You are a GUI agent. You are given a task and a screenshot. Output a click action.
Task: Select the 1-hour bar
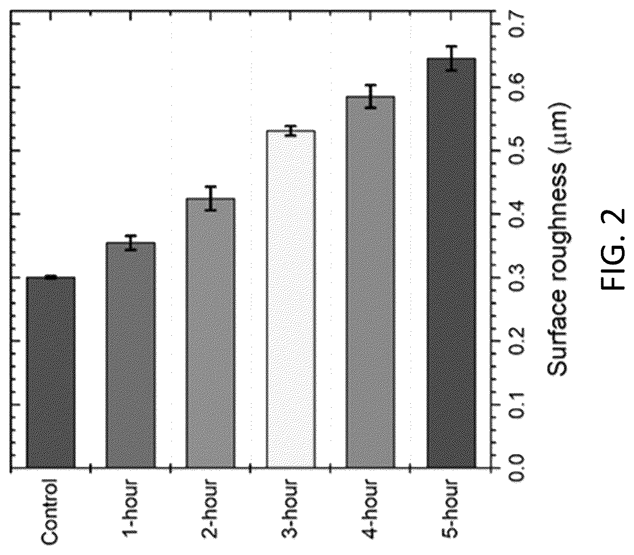click(131, 354)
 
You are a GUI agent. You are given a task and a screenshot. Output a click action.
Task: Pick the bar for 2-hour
click(211, 332)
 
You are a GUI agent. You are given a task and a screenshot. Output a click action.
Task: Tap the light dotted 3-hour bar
click(291, 299)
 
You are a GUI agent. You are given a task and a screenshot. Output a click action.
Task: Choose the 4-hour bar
click(370, 282)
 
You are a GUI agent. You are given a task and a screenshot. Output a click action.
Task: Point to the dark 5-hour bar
click(451, 262)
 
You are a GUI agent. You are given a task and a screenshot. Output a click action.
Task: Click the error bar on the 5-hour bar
click(451, 58)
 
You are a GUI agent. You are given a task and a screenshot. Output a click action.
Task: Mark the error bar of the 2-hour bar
click(211, 198)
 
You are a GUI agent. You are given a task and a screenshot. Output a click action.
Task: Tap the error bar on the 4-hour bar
click(370, 96)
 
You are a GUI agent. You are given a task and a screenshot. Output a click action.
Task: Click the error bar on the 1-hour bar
click(131, 242)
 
